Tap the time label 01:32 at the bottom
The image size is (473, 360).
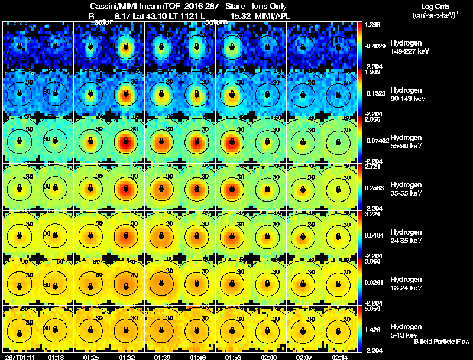tap(127, 357)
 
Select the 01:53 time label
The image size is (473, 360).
tap(233, 357)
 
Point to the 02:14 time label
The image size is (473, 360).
tap(339, 357)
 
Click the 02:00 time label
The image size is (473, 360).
tap(268, 357)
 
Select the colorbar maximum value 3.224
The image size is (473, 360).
tap(372, 215)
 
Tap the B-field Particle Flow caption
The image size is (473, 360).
tap(441, 342)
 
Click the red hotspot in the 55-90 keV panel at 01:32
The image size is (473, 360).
tap(125, 141)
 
